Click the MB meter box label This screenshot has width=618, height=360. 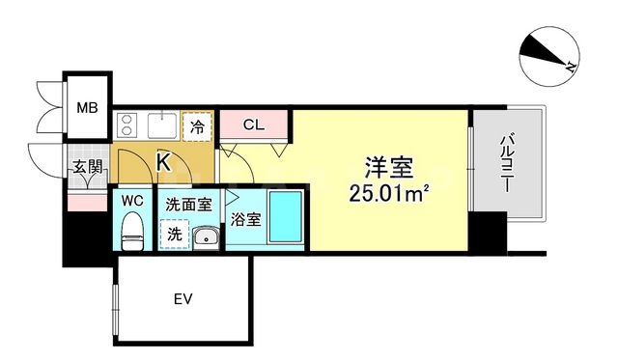pyautogui.click(x=87, y=106)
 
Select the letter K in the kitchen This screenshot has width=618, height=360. pyautogui.click(x=164, y=162)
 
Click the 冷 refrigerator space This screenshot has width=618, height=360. pyautogui.click(x=197, y=125)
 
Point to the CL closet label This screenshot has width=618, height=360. pyautogui.click(x=254, y=125)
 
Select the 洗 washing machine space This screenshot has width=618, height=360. pyautogui.click(x=175, y=233)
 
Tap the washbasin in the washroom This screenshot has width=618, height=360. pyautogui.click(x=205, y=236)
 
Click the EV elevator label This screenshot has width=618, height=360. pyautogui.click(x=183, y=299)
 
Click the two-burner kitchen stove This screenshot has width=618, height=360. pyautogui.click(x=126, y=125)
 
